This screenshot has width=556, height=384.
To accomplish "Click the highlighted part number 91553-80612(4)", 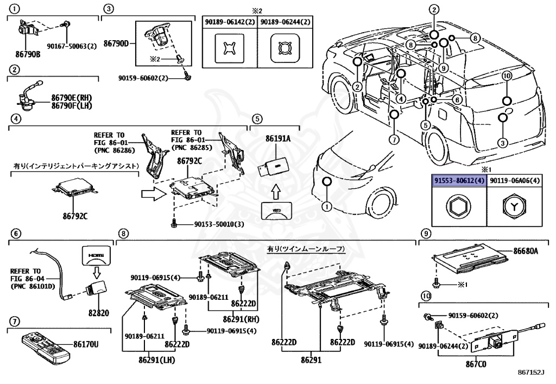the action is [x=459, y=180].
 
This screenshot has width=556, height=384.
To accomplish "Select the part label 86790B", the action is [x=28, y=54].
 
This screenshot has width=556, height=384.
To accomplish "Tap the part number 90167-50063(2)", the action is [x=72, y=46].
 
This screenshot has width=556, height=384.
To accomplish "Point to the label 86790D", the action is [x=116, y=43].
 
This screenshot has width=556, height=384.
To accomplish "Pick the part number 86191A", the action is [x=278, y=139].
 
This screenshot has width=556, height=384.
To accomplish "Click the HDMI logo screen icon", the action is [x=96, y=256].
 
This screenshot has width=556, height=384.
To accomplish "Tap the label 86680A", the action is [x=526, y=251].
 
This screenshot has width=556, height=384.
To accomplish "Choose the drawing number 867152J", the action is [x=531, y=372].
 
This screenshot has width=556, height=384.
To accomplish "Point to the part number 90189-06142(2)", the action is [x=230, y=22].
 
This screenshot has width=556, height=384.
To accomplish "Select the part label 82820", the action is [x=99, y=313].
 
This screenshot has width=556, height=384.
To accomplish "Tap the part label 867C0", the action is [x=476, y=364].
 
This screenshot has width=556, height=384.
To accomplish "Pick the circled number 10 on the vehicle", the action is [x=507, y=76].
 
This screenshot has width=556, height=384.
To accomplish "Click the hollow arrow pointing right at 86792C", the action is [x=154, y=194].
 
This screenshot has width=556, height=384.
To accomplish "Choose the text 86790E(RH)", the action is [x=72, y=98].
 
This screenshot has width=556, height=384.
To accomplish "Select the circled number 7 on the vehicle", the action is [x=394, y=140].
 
